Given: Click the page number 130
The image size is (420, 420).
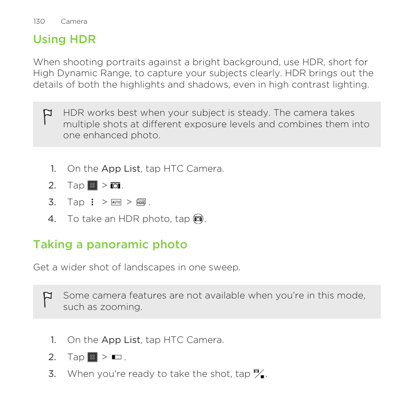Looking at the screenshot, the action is coord(39,22).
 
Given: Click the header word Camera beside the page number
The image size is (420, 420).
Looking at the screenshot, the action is coord(74,22).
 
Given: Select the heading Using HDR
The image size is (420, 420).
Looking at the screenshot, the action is coord(64,39).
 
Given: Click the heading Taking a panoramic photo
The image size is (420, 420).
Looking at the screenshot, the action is coord(110,245).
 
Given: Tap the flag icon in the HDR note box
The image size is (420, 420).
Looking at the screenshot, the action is coord(48,117).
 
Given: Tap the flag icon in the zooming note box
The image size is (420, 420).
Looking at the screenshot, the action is coord(48,300).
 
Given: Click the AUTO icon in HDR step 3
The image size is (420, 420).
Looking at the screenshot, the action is coord(116,202).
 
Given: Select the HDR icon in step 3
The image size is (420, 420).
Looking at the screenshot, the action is coord(141,202).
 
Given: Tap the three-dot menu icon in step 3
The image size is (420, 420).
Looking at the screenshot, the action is coord(92,202).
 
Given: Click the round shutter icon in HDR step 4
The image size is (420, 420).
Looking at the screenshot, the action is coord(198,219).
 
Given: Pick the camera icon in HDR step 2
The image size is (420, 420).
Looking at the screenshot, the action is coord(115,186).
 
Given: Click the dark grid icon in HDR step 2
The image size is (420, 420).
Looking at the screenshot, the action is coord(92,185).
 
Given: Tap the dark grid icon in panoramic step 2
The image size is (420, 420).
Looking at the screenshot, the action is coord(92,357).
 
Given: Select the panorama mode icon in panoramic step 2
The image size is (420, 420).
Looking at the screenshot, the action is coord(117,357).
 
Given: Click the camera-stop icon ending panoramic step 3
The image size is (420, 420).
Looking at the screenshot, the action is coord(259,374).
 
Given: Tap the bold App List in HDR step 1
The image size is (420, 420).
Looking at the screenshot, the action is coord(121,169).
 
